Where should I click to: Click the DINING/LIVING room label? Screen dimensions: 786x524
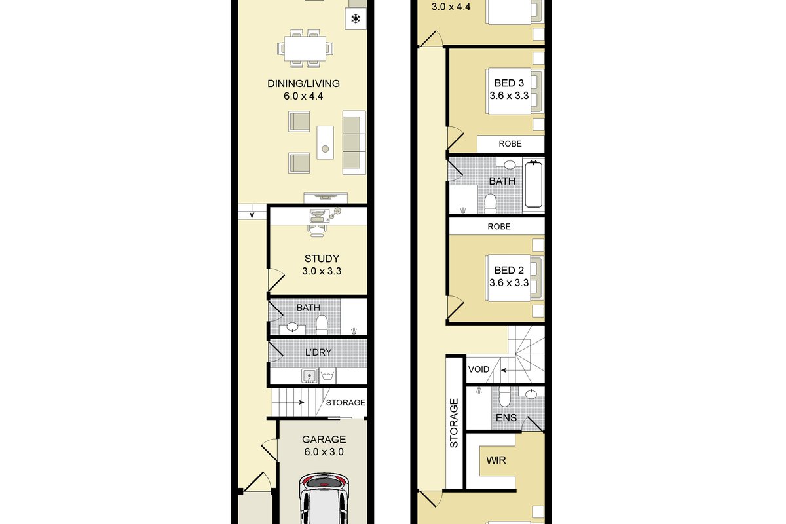[303, 84]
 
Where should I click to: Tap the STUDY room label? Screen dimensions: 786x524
[322, 259]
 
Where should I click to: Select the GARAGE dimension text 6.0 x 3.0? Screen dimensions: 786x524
[324, 452]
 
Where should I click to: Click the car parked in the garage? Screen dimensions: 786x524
[324, 498]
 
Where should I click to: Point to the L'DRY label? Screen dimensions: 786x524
[318, 352]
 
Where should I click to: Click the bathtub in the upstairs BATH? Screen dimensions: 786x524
[533, 184]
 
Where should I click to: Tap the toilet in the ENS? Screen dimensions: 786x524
[504, 396]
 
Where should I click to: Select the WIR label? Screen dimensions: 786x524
[496, 460]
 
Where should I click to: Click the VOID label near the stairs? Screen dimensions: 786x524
[479, 369]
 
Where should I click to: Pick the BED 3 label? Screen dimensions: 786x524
[509, 83]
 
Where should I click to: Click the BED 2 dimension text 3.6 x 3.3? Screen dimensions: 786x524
[509, 282]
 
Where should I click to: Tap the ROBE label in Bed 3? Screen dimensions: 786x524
[510, 143]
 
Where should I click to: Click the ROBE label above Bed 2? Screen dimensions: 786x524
[499, 227]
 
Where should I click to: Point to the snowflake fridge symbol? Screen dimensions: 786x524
[356, 19]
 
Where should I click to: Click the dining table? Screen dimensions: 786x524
[305, 48]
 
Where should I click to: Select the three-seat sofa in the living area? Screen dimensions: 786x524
[354, 142]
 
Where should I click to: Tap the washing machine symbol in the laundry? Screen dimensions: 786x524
[327, 376]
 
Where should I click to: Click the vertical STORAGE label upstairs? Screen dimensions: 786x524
[454, 423]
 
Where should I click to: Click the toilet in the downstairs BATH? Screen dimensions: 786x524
[322, 326]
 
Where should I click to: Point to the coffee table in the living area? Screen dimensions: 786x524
[326, 143]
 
